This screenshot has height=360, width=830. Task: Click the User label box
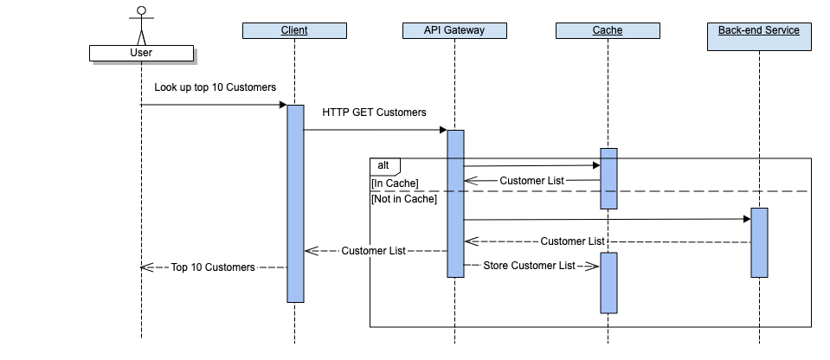coord(140,53)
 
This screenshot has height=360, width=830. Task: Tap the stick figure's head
coord(140,12)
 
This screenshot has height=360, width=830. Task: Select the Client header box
coord(294,31)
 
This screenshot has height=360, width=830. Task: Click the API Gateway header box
coord(454,31)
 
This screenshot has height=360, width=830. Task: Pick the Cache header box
coord(608,31)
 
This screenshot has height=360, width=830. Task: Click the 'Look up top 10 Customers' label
coord(216,87)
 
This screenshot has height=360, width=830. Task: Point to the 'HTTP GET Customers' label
coord(374,112)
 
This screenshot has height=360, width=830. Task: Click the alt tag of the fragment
coord(383,164)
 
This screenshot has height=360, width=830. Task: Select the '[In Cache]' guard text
coord(395,183)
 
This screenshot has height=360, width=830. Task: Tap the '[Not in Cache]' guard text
coord(404,199)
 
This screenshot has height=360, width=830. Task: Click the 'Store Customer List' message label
coord(529,266)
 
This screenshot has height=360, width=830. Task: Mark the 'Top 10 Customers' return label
coord(213,267)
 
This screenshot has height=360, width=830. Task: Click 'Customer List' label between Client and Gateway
coord(374,251)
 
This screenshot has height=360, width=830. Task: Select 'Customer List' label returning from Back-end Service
coord(572,241)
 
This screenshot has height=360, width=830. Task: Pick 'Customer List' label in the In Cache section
coord(531,181)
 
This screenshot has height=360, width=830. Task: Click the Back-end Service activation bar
coord(759,242)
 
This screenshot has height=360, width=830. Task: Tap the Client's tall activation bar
coord(295,203)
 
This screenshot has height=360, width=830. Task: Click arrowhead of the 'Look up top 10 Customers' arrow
coord(282,105)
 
